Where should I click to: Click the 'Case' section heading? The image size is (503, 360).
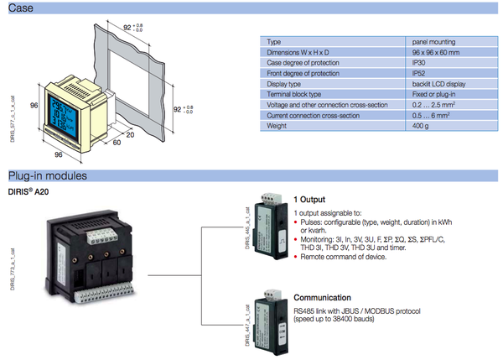coord(21,8)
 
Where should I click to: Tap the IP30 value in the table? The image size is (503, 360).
coord(419,63)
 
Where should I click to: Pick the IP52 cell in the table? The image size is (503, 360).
coord(419,73)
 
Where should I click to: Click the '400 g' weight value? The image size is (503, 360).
coord(420,126)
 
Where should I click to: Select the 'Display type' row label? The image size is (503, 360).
coord(283,84)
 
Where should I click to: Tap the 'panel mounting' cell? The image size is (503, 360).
coord(434,41)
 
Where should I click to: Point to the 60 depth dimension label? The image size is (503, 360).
coord(117,143)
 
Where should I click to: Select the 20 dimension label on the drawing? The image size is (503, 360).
coord(131,133)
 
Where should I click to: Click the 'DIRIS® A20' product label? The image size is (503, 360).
coord(34,193)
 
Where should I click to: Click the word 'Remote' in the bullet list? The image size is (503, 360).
coord(314,256)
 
